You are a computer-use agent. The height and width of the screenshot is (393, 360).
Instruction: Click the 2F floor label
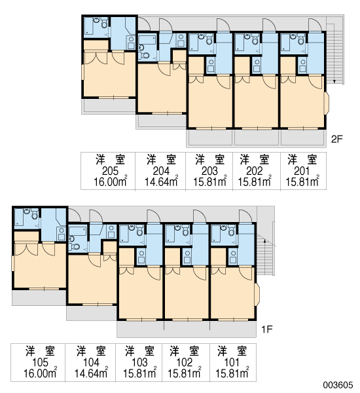pos(336,139)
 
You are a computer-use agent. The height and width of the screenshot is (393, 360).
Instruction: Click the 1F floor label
pos(267,329)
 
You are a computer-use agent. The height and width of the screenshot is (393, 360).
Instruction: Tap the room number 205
pos(110,171)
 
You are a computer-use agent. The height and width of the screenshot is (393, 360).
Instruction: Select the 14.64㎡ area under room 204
pos(161,181)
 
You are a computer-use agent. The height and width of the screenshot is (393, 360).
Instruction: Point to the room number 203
pos(209,171)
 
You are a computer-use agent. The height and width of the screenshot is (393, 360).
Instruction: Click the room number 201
pos(302,171)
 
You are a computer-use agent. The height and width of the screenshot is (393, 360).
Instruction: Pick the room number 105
pos(40,362)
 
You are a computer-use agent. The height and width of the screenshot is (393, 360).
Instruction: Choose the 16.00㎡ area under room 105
pos(40,373)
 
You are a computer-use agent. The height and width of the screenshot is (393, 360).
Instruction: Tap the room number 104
pos(91,362)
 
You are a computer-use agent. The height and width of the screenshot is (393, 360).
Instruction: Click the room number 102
pos(184,362)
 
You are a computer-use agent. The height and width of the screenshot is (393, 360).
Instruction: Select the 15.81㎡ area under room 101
pos(232,373)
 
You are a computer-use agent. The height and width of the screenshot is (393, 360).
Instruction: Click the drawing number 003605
pos(338,385)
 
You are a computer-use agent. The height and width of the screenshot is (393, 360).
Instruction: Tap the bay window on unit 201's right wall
pos(327,103)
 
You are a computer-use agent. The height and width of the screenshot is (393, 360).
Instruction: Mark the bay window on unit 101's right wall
pos(257,295)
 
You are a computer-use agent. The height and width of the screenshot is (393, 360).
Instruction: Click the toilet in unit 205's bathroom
pos(105,23)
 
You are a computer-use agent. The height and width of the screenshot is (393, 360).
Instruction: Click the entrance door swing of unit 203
pos(223,25)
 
